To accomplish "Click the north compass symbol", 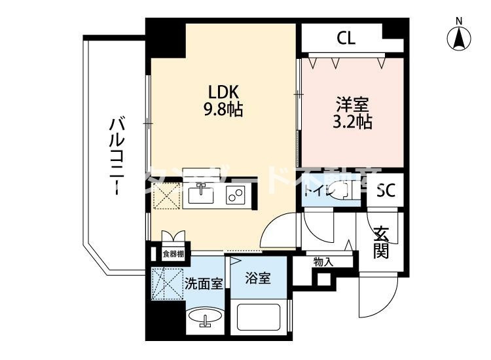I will (x=460, y=37).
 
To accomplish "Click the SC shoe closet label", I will (x=385, y=192).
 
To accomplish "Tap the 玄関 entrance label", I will (x=382, y=242).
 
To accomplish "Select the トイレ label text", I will (x=314, y=192).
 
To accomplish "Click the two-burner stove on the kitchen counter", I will (x=235, y=194).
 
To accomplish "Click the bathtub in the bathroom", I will (x=259, y=317).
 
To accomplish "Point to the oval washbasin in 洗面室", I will (x=205, y=319).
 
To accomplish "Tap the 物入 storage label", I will (x=323, y=262).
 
